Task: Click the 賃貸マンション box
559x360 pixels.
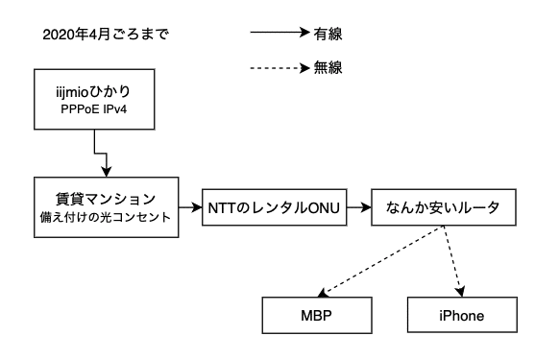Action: coord(108,205)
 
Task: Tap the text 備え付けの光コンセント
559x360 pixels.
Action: coord(108,217)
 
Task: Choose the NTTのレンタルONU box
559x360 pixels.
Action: coord(273,206)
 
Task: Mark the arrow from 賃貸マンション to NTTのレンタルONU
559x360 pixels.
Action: coord(191,206)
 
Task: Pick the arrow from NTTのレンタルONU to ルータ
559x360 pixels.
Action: coord(357,206)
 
